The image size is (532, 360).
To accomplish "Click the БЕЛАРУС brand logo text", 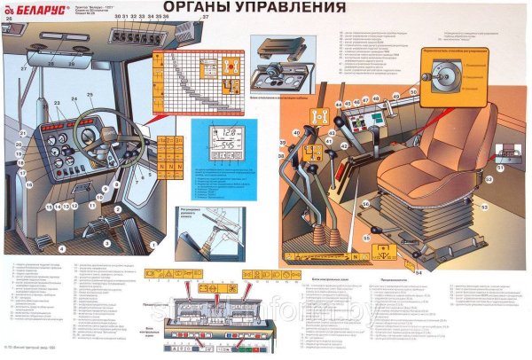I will click(40, 12).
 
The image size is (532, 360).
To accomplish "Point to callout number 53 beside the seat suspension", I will click(484, 207).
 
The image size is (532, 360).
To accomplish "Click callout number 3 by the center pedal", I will click(104, 242).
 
